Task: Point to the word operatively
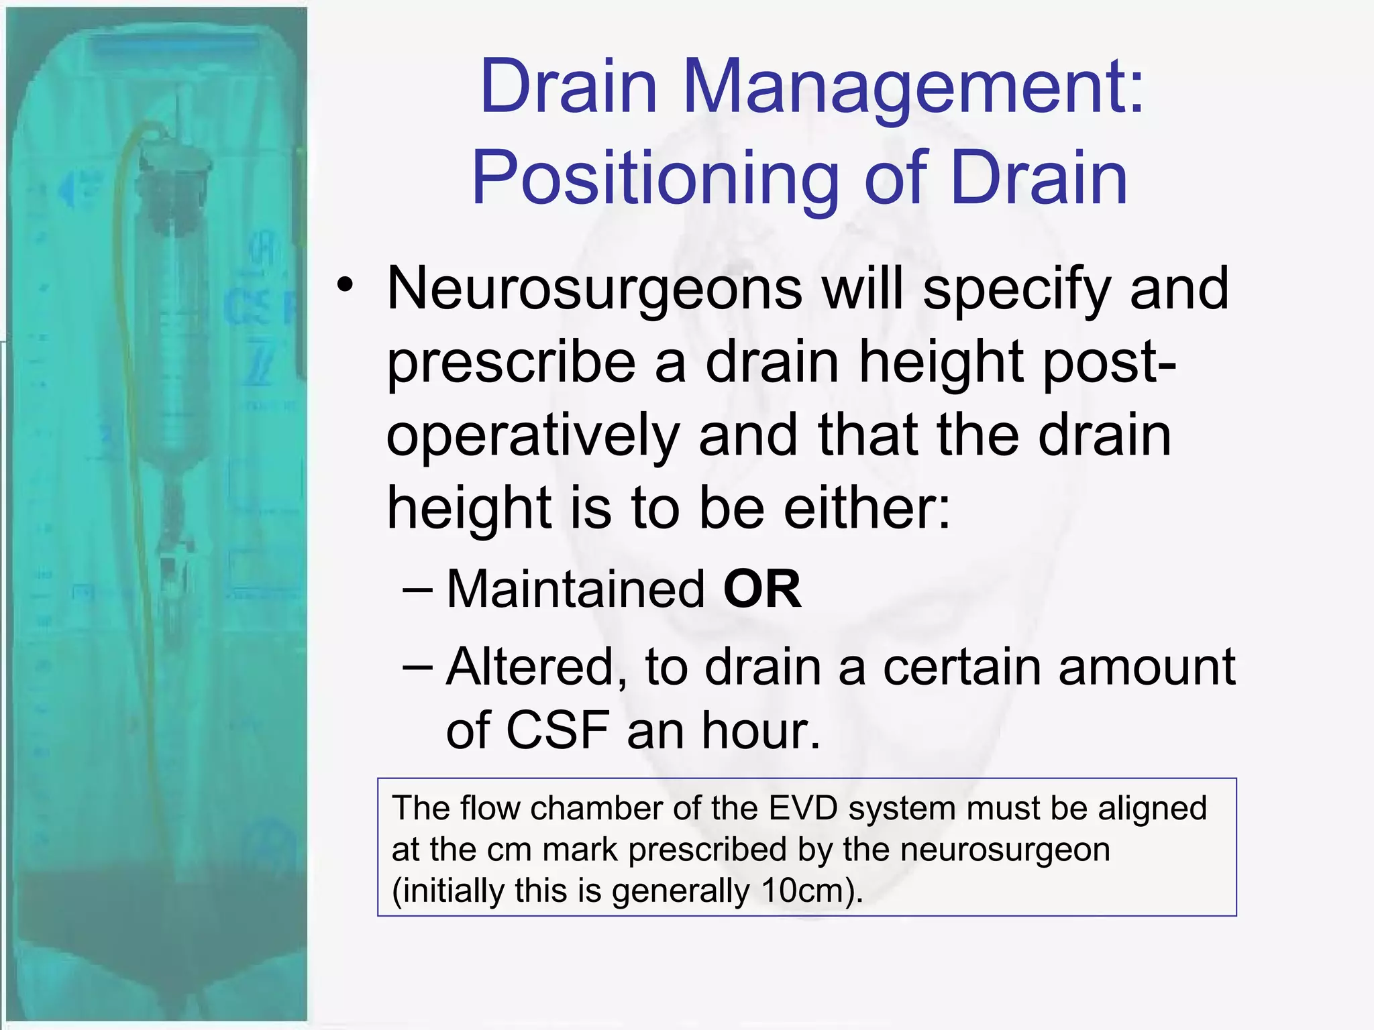click(x=533, y=435)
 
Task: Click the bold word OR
click(x=761, y=589)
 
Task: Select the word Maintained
click(x=576, y=589)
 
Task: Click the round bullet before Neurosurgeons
click(x=345, y=286)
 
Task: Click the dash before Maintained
click(x=419, y=589)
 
